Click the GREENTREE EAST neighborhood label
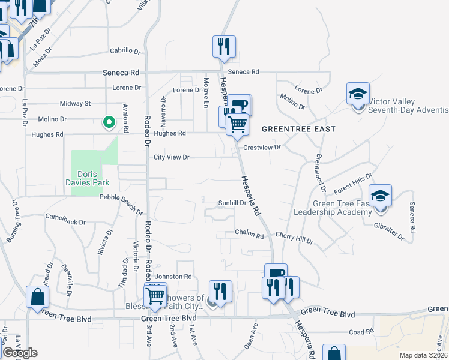click(x=298, y=129)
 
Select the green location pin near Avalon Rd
click(x=109, y=122)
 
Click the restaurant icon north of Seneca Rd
click(x=224, y=47)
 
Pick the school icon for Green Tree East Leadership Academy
click(x=380, y=196)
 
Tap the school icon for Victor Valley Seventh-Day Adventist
click(x=358, y=94)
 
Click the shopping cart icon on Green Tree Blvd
click(x=155, y=296)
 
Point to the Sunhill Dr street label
click(x=232, y=203)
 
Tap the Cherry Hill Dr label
click(x=294, y=239)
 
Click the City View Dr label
click(x=172, y=157)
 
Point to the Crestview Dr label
click(x=262, y=147)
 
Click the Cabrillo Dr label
click(x=125, y=51)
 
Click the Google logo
click(x=20, y=353)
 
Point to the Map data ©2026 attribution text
click(x=424, y=355)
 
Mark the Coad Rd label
click(x=361, y=332)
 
